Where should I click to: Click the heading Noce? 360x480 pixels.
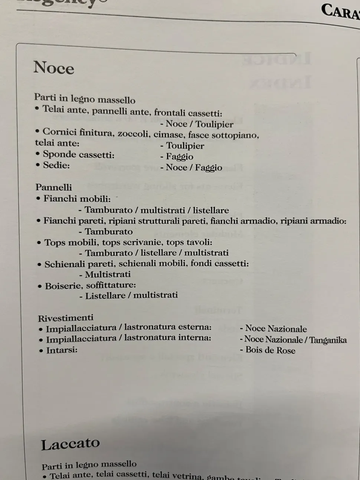coord(54,68)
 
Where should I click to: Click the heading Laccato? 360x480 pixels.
coord(71,444)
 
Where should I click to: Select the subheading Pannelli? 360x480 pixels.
coord(54,187)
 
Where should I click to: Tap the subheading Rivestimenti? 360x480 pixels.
coord(66,318)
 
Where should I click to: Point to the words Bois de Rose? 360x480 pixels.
coord(270,350)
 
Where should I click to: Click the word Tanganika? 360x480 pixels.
coord(328,340)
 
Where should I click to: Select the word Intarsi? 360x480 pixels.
coord(61,350)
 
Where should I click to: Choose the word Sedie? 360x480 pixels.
coord(56,165)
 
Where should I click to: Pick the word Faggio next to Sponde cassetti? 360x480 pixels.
coord(180,157)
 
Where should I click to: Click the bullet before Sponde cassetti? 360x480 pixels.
coord(37,154)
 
